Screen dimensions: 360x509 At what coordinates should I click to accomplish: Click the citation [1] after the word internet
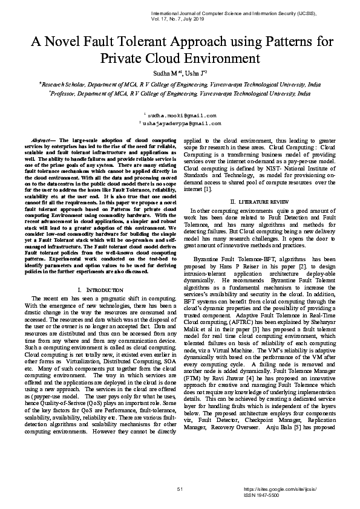206,189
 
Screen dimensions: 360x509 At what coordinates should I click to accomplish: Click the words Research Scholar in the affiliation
63,86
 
